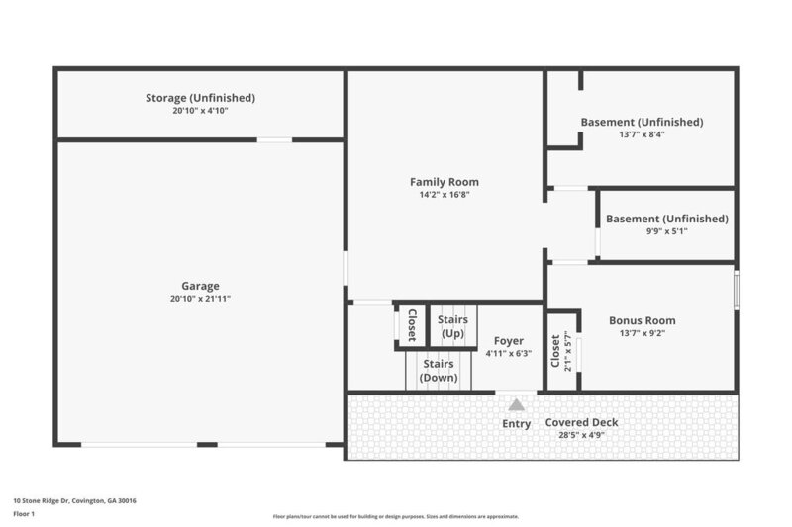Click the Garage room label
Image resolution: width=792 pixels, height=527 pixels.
point(200,286)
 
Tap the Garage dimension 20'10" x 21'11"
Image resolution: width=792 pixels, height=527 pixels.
point(200,299)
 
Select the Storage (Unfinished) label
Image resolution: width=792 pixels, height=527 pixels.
point(200,98)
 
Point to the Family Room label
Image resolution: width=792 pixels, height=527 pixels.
point(445,182)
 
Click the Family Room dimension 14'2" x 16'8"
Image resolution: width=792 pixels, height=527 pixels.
point(445,195)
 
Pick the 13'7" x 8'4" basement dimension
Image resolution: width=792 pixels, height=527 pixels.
point(642,135)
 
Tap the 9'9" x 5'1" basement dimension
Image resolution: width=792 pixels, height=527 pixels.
point(666,231)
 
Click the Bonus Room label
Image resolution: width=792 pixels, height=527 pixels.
point(642,320)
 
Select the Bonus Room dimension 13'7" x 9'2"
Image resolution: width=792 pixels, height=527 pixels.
point(642,334)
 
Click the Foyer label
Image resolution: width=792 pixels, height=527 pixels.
point(508,341)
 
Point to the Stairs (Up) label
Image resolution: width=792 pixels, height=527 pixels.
point(452,326)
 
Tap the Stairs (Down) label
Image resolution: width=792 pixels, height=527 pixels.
point(438,371)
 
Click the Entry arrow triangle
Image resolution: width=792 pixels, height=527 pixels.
point(516,403)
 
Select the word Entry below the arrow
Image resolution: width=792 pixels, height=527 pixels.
point(516,424)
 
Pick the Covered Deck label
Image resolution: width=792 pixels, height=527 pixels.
point(581,423)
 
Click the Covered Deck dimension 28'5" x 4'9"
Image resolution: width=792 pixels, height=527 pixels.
point(581,436)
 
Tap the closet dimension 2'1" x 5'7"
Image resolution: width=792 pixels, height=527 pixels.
point(568,352)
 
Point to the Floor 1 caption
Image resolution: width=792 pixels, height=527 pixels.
point(25,514)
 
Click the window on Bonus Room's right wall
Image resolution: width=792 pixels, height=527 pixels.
point(736,291)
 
